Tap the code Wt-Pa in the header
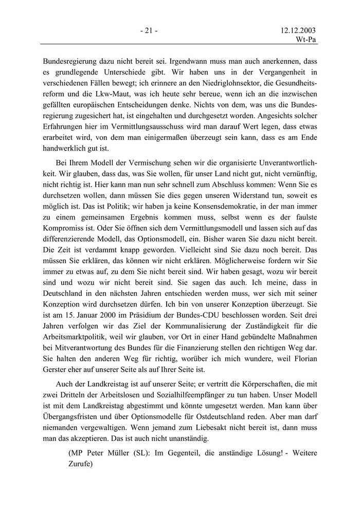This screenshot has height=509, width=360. pos(306,40)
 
